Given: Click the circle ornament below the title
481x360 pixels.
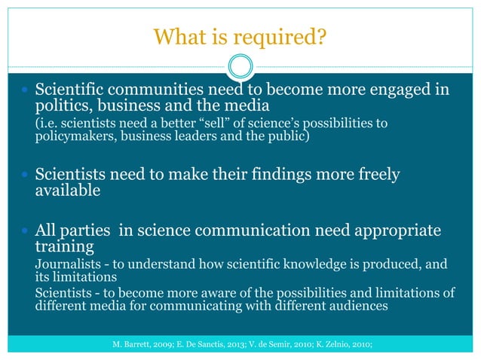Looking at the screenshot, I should [x=240, y=67].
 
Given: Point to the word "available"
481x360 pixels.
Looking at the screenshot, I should [x=68, y=190].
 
